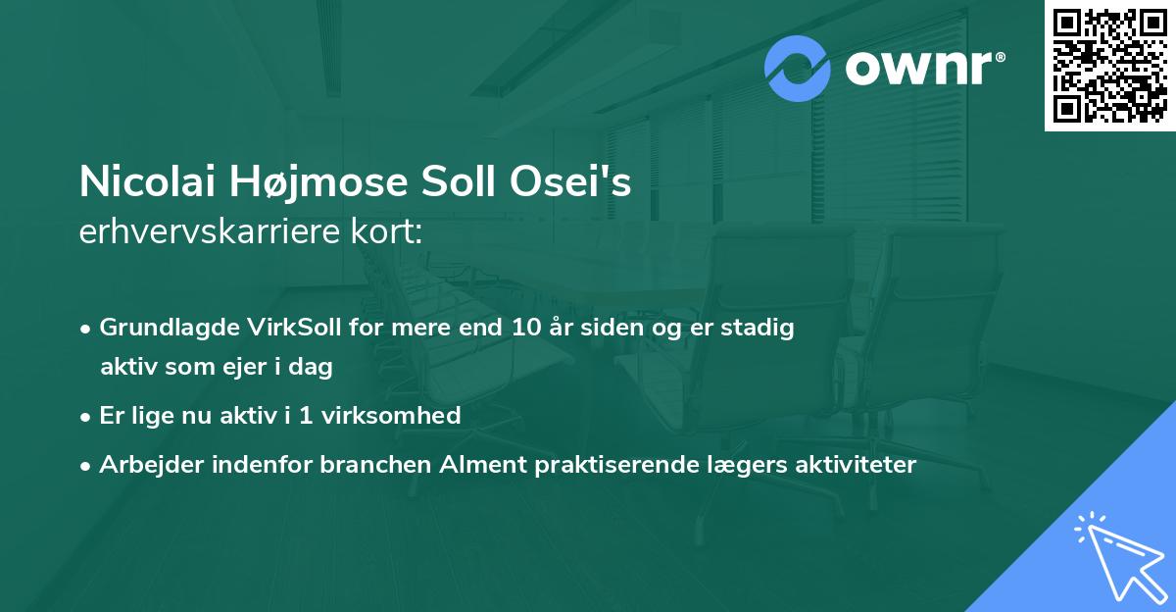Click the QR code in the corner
point(1109,66)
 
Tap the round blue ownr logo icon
point(798,69)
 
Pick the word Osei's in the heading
point(588,182)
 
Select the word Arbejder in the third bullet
point(143,464)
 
